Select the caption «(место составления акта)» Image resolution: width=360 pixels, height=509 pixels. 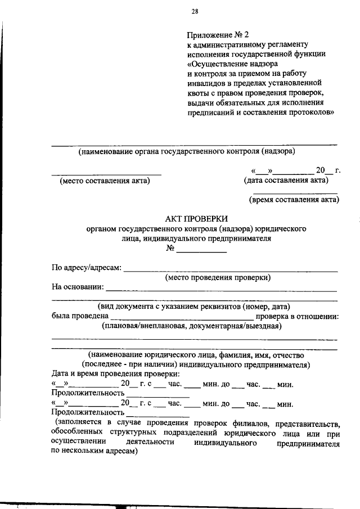pos(105,181)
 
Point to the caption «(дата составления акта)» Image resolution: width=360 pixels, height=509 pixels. pos(286,181)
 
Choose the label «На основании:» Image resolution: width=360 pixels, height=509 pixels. pos(78,287)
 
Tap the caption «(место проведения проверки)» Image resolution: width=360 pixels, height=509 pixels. pos(218,277)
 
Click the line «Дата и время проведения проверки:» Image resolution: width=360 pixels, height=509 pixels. pos(116,373)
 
